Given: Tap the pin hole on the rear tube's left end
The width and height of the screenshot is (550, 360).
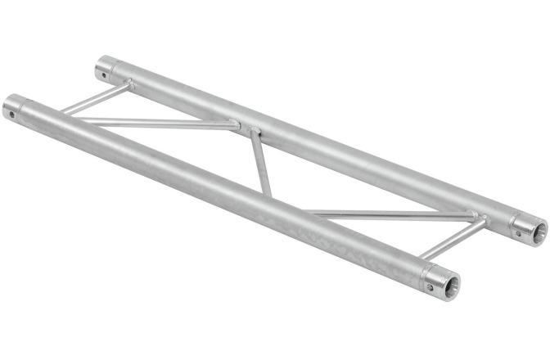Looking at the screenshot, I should point(104,74).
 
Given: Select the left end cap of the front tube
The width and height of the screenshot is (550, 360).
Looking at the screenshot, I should point(14,106).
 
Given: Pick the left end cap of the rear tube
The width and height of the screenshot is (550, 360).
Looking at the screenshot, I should point(106,66).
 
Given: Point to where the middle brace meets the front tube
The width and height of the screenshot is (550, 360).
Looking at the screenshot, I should point(268,199).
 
